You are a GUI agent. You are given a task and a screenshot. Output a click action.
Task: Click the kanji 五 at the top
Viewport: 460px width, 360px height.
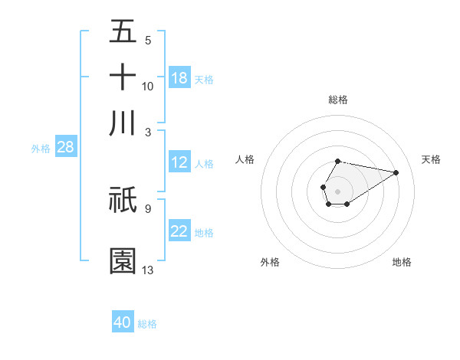[x=123, y=31]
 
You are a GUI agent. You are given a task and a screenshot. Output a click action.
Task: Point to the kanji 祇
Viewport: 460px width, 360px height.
[x=123, y=199]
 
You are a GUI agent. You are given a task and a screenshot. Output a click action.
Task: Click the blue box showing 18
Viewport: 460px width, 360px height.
[x=179, y=77]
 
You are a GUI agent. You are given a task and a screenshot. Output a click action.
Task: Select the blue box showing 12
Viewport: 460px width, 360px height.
[x=179, y=162]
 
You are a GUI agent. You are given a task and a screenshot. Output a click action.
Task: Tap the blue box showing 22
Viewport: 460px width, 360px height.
[x=179, y=231]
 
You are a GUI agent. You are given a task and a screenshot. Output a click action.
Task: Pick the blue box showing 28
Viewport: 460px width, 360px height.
[x=65, y=147]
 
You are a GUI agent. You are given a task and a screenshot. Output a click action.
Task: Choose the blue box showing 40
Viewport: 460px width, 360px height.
[x=123, y=322]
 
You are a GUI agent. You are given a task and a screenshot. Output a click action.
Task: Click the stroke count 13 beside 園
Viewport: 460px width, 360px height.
[x=148, y=270]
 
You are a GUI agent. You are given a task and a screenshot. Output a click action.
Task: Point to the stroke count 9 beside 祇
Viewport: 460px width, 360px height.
[x=147, y=207]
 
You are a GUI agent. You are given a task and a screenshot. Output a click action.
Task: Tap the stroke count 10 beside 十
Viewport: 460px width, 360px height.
[x=148, y=86]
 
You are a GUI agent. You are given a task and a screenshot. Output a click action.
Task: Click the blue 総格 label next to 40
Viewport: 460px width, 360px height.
[x=148, y=324]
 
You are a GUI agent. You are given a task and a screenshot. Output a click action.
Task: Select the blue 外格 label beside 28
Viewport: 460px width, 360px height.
[x=40, y=149]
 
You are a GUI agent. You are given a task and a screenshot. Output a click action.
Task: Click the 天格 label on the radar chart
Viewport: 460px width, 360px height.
[x=431, y=159]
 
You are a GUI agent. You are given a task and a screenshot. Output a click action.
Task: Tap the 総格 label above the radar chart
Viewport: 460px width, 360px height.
[x=338, y=100]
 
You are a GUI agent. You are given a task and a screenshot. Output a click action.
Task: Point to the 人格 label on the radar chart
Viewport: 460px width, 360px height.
[x=245, y=159]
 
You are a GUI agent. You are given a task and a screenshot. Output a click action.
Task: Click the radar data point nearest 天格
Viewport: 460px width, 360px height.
[x=396, y=172]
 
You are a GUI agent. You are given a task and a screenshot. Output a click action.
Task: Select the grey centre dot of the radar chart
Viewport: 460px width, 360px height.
[x=338, y=190]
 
